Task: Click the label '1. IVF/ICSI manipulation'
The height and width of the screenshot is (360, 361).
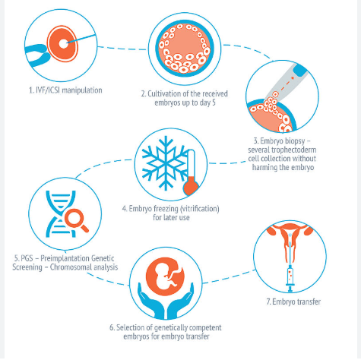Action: tap(65, 90)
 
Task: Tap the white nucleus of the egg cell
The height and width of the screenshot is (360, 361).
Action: tap(63, 44)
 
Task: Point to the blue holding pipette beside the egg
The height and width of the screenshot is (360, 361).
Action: tap(37, 55)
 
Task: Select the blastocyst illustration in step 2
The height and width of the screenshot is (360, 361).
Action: tap(185, 49)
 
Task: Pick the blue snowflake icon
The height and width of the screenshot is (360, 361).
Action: tap(165, 163)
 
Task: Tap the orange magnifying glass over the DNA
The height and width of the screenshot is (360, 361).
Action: tap(76, 220)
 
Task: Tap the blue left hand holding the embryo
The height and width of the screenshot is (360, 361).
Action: tap(150, 302)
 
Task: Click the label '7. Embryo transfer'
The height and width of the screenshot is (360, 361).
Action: tap(293, 302)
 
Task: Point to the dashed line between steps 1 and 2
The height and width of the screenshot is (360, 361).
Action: tap(122, 49)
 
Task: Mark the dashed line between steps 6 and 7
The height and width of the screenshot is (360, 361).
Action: tap(230, 276)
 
